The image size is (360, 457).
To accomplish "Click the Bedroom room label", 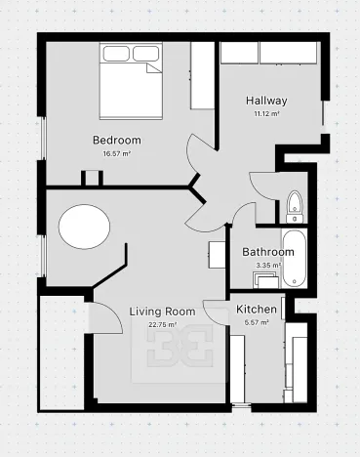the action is (117, 141).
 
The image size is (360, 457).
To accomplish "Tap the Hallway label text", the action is (266, 101).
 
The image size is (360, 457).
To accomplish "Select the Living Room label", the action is (163, 312).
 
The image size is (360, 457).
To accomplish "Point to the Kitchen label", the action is (257, 310).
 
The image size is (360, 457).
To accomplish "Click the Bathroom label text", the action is (268, 252).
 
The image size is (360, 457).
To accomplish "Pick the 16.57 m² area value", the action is (117, 154).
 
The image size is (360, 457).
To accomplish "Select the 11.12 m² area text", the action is (266, 114).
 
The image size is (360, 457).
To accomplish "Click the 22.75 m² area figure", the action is (163, 324).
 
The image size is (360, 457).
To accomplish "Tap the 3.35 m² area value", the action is (268, 266).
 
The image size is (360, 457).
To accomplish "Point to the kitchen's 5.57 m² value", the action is (257, 322).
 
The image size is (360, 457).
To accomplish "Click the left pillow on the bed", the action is (116, 54).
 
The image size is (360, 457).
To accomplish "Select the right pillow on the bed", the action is (146, 54).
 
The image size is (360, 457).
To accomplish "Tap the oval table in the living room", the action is (84, 227).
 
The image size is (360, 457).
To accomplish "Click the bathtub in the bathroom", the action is (295, 259).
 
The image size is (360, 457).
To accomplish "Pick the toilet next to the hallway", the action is (295, 206).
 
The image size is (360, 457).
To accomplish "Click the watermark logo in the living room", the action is (180, 345).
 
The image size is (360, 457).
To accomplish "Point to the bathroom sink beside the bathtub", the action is (266, 280).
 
